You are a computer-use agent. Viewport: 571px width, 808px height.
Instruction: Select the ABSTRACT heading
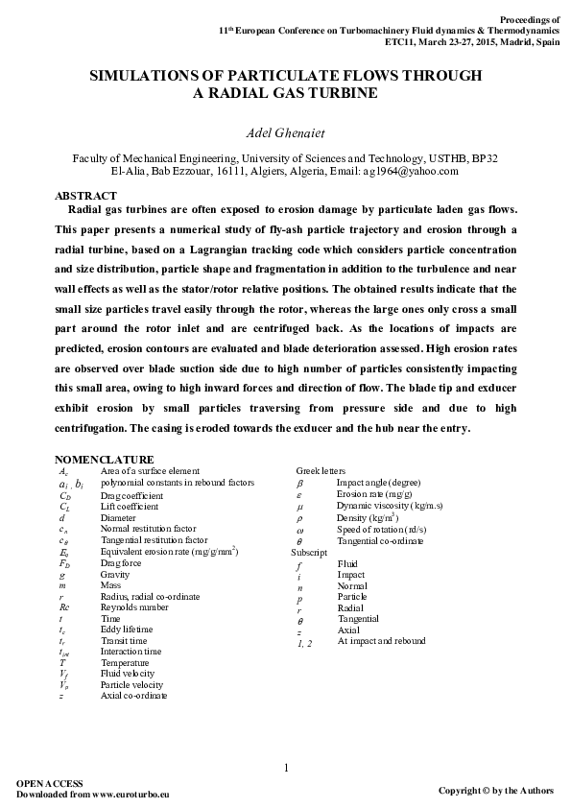point(86,195)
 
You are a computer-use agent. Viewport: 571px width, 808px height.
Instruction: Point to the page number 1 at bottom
point(286,767)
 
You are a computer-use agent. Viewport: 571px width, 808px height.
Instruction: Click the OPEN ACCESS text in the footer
point(50,783)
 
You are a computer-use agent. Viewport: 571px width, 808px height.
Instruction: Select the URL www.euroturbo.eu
point(133,795)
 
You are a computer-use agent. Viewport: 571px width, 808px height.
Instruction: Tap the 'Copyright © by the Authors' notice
point(495,790)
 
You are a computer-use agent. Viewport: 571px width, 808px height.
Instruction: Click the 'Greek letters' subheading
point(320,471)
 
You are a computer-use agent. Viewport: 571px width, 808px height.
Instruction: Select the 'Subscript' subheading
point(309,553)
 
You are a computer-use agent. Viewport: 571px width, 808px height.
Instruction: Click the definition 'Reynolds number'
point(137,607)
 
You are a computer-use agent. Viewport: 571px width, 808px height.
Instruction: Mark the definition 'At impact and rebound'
point(381,641)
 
